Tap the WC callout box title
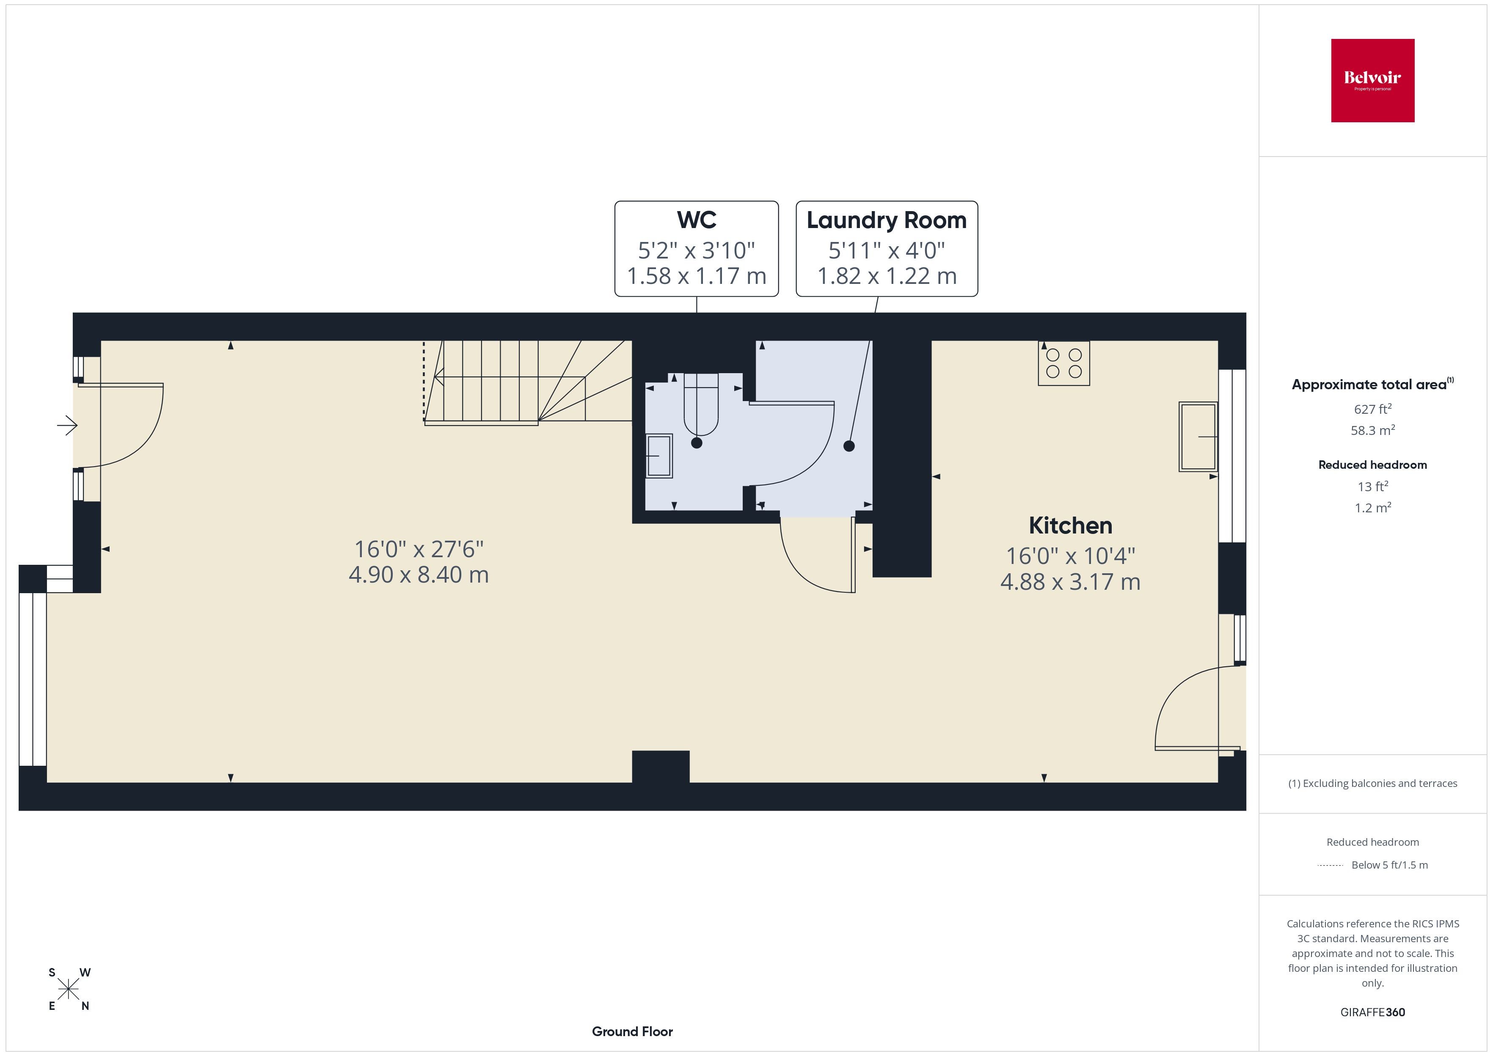pos(697,220)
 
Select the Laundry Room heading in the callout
pos(886,220)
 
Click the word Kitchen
pos(1070,525)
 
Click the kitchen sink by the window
pos(1198,436)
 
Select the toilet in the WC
pos(701,404)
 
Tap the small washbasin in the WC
pos(659,456)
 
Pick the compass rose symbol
pos(68,990)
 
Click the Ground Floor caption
pos(632,1031)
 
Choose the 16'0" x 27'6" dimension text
pos(419,550)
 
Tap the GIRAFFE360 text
pos(1373,1012)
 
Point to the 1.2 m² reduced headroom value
pos(1373,508)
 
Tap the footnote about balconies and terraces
pos(1373,784)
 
